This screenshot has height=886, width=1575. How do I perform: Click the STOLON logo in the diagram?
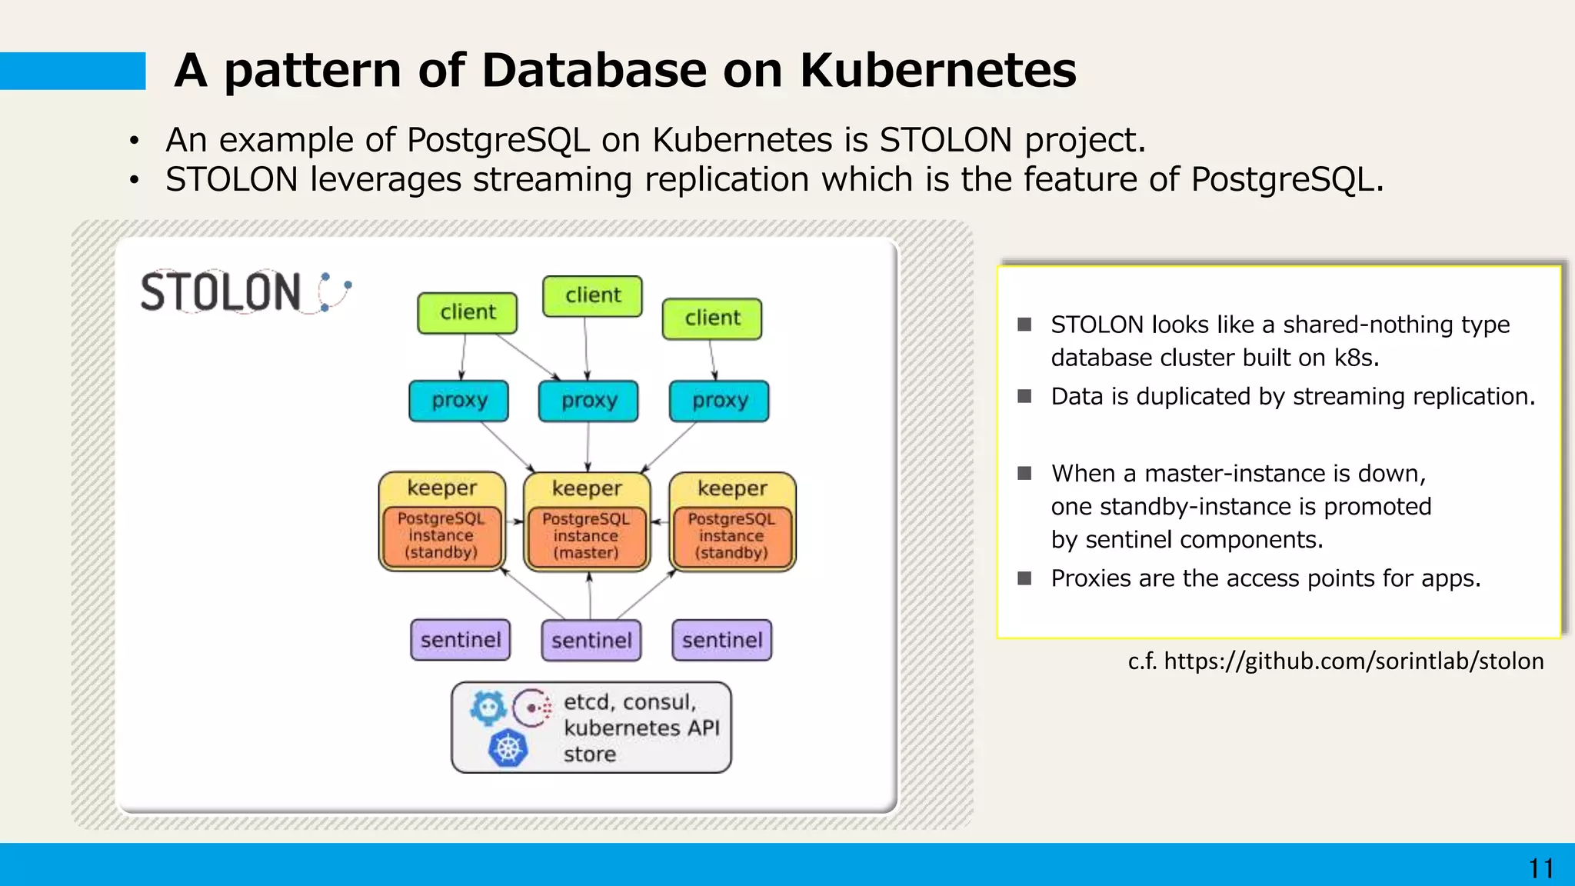[x=245, y=291]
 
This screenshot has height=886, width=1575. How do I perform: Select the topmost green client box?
[x=592, y=296]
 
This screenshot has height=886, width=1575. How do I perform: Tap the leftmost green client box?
[x=467, y=312]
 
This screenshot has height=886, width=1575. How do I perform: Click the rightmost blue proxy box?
[x=719, y=401]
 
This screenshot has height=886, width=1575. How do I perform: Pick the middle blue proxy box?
[x=588, y=401]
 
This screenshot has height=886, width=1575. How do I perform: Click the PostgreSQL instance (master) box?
[x=586, y=537]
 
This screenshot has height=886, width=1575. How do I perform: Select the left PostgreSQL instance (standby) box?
[x=441, y=537]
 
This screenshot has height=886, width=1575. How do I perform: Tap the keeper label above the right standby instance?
[x=732, y=488]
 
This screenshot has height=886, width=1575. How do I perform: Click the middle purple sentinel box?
[x=591, y=640]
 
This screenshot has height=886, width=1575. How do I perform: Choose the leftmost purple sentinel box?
[x=460, y=640]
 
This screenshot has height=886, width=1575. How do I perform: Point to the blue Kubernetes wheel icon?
[x=508, y=748]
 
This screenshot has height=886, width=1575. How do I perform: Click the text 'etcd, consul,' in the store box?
[x=630, y=702]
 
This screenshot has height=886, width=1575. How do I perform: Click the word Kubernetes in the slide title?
[x=937, y=71]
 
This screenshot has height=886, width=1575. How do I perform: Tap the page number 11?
[x=1540, y=869]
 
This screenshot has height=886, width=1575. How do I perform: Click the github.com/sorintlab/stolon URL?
[x=1354, y=661]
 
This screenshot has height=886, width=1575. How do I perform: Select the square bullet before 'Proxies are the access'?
[x=1024, y=578]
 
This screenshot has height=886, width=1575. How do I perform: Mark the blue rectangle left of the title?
[x=72, y=71]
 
